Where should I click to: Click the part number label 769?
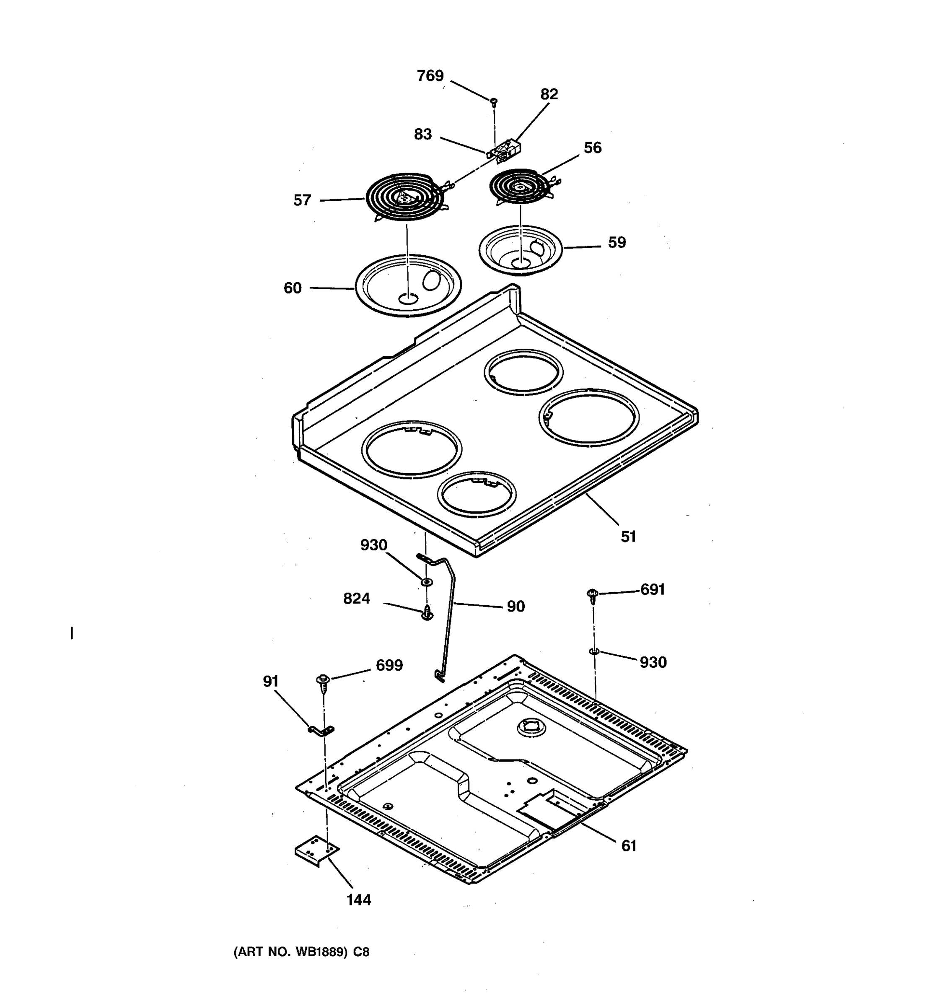pos(430,76)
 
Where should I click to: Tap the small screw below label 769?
pos(494,102)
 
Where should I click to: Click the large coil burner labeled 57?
pos(405,197)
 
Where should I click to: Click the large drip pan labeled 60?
pos(408,286)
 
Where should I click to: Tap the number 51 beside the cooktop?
pos(628,537)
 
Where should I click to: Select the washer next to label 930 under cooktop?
pos(427,583)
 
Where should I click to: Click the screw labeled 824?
pos(427,614)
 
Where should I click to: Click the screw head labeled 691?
pos(592,594)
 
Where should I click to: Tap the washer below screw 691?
pos(594,652)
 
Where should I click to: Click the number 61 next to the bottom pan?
pos(628,845)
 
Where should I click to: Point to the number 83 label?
pos(423,135)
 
